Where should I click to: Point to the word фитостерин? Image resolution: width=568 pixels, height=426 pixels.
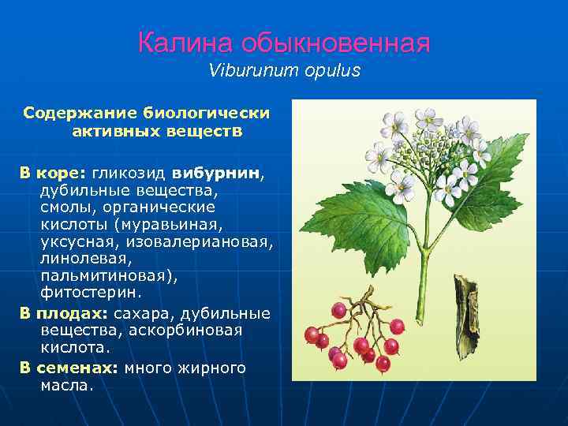point(91,293)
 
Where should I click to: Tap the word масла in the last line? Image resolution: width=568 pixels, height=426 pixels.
point(65,386)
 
